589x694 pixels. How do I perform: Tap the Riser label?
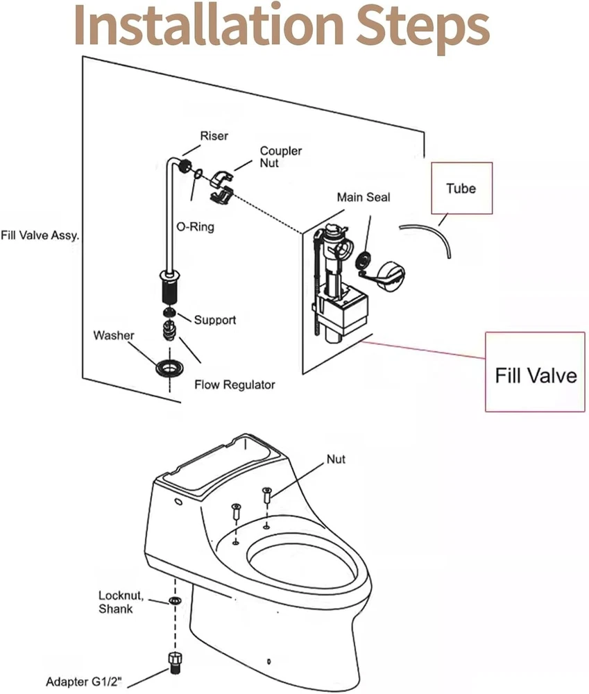click(214, 136)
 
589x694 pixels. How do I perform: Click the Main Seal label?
click(364, 198)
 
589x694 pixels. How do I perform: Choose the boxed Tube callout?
click(461, 188)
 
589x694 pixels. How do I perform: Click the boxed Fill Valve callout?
click(535, 375)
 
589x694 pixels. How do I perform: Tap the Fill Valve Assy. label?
click(40, 235)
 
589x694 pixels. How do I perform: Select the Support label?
click(214, 320)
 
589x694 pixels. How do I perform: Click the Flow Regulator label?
click(234, 384)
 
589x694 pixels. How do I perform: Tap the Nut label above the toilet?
click(336, 459)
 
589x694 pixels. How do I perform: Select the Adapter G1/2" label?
click(87, 682)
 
